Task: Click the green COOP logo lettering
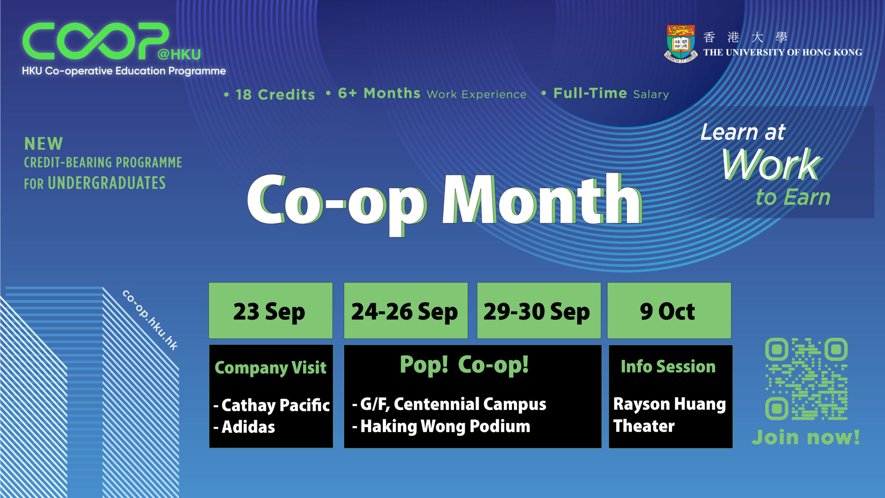click(x=95, y=41)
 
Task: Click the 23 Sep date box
click(x=271, y=311)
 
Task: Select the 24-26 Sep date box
click(x=406, y=311)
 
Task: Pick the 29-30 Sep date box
click(x=539, y=311)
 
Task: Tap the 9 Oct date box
click(x=669, y=311)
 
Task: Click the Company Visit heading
click(x=270, y=368)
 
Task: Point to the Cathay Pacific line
click(x=272, y=405)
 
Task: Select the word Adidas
click(x=248, y=427)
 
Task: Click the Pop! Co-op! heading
click(x=464, y=365)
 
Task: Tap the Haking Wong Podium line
click(x=441, y=426)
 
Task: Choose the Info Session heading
click(x=668, y=367)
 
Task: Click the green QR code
click(x=806, y=379)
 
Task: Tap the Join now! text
click(x=806, y=437)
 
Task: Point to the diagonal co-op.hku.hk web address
click(x=150, y=320)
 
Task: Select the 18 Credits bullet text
click(x=270, y=94)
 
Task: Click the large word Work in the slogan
click(x=771, y=164)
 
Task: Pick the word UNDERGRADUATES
click(x=107, y=183)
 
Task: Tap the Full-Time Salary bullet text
click(x=605, y=93)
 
